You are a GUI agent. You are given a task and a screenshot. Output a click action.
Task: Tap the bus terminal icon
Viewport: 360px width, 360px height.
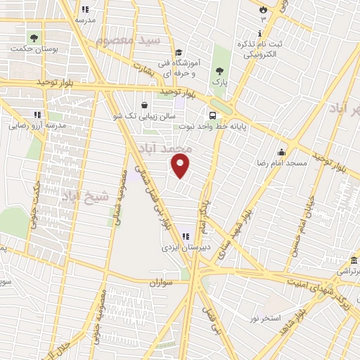(x=212, y=116)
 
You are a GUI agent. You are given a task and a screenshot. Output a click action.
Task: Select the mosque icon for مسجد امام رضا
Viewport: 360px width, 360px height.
(x=281, y=152)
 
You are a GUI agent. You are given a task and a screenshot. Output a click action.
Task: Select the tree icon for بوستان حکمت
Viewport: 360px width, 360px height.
(x=33, y=37)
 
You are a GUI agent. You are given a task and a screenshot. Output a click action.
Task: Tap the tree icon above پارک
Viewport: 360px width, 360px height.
(x=220, y=70)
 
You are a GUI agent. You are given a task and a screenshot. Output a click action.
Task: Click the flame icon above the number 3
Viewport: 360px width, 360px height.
(x=263, y=10)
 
